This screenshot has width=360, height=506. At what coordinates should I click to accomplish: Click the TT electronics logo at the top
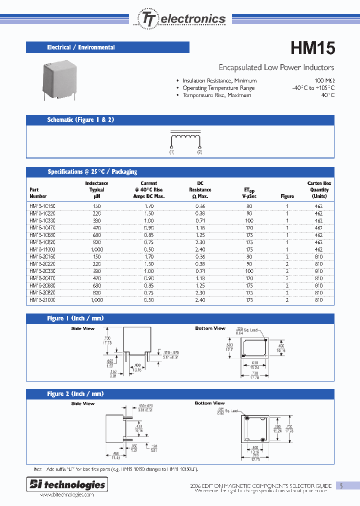click(x=180, y=18)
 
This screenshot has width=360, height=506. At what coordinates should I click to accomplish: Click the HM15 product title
click(x=312, y=48)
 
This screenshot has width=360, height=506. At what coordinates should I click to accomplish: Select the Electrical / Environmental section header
click(x=81, y=47)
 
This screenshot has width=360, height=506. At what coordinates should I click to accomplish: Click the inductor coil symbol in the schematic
click(x=185, y=138)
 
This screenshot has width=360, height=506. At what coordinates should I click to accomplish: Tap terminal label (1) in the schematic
click(x=171, y=151)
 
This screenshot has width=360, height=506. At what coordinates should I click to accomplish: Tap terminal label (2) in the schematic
click(x=199, y=151)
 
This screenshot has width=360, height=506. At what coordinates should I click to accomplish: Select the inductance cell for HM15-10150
click(x=96, y=206)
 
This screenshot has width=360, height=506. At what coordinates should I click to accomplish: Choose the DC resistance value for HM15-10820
click(x=200, y=242)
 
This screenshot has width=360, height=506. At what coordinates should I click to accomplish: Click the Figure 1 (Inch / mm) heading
click(x=75, y=318)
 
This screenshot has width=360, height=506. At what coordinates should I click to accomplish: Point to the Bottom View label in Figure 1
click(x=210, y=328)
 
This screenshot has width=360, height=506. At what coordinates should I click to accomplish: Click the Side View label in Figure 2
click(x=82, y=403)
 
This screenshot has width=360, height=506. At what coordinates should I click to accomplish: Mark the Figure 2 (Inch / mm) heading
click(x=75, y=394)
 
